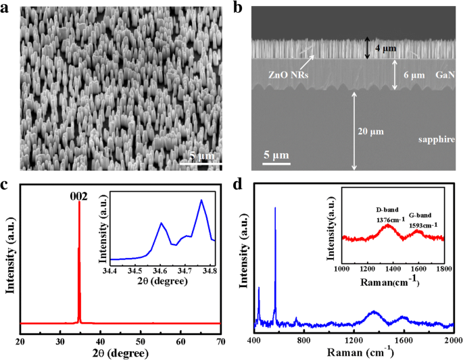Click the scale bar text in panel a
point(199,156)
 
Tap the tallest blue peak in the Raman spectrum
point(275,208)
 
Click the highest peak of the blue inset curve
point(201,200)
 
